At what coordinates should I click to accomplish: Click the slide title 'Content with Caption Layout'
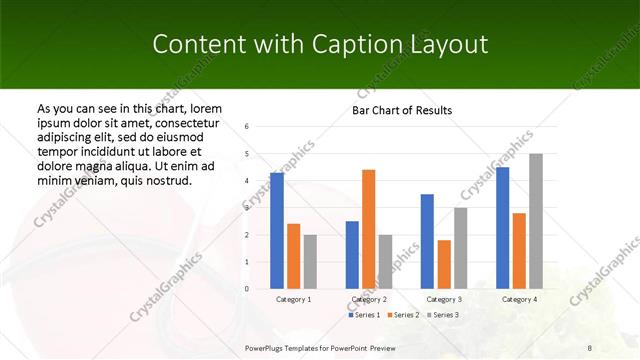coord(320,45)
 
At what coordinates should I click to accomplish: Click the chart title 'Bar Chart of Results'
coord(402,110)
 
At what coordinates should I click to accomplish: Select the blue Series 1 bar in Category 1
coord(277,231)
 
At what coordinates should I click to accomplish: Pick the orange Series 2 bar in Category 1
coord(294,256)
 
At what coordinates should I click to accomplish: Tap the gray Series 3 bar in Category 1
coord(310,262)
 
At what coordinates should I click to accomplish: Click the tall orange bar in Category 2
coord(368,229)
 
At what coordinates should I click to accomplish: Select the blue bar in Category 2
coord(352,255)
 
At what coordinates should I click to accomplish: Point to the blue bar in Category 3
coord(427,241)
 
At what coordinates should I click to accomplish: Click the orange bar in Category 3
coord(444,264)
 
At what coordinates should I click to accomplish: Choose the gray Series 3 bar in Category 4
coord(536,221)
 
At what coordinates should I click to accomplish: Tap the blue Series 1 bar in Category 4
coord(503,228)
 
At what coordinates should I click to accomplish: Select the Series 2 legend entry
coord(402,315)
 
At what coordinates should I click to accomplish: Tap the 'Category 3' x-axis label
coord(444,299)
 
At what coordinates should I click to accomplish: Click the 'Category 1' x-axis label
coord(294,299)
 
